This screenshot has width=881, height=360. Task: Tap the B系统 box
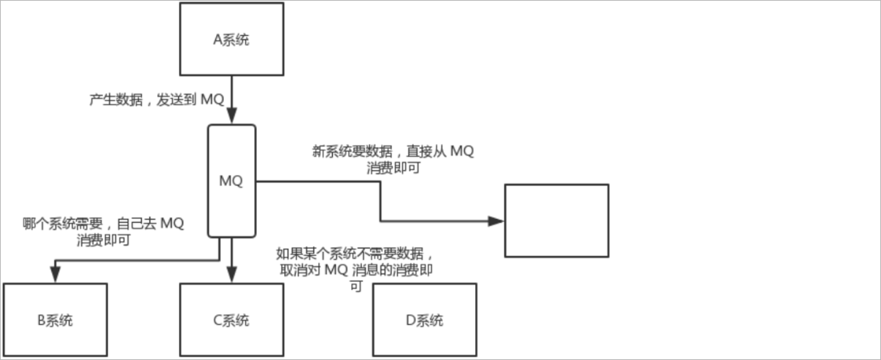(x=55, y=320)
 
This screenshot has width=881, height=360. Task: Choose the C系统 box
(x=231, y=320)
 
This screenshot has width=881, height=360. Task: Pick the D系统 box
(x=424, y=320)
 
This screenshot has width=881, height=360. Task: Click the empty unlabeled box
(x=556, y=221)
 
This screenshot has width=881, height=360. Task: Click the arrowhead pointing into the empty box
(x=496, y=221)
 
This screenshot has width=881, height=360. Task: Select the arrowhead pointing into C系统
(x=231, y=275)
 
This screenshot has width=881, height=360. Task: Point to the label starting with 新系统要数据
(x=393, y=159)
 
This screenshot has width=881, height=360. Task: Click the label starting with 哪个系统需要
(x=103, y=231)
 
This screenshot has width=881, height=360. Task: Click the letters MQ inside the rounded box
(x=231, y=180)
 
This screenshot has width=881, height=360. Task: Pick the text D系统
(x=424, y=320)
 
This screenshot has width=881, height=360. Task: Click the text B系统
(x=55, y=320)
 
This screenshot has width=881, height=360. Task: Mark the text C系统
(x=231, y=320)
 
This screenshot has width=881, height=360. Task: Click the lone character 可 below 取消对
(x=356, y=288)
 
